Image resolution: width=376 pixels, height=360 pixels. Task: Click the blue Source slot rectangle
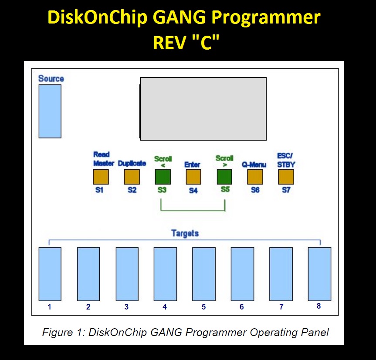[x=50, y=111]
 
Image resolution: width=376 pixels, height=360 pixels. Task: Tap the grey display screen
[x=203, y=109]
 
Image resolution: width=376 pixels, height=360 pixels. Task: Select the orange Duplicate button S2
[x=132, y=177]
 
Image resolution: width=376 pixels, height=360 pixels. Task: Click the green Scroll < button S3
[x=163, y=177]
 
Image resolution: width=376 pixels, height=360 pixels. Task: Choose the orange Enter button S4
[x=193, y=177]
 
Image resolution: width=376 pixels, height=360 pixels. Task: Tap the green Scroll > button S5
[x=224, y=177]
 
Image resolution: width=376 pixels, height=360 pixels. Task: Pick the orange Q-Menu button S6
[x=255, y=177]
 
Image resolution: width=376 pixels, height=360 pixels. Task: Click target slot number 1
[x=50, y=274]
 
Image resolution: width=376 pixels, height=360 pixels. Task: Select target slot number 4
[x=165, y=274]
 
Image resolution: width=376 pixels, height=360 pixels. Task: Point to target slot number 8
[x=319, y=274]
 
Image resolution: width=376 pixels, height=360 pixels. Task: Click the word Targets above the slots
[x=185, y=233]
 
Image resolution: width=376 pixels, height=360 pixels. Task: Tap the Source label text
[x=51, y=78]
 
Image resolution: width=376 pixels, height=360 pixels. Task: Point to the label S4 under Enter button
[x=193, y=190]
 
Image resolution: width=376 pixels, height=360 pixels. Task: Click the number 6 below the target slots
[x=242, y=307]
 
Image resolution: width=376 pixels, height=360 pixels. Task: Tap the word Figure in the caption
[x=58, y=333]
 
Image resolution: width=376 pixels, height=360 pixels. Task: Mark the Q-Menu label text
[x=254, y=165]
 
